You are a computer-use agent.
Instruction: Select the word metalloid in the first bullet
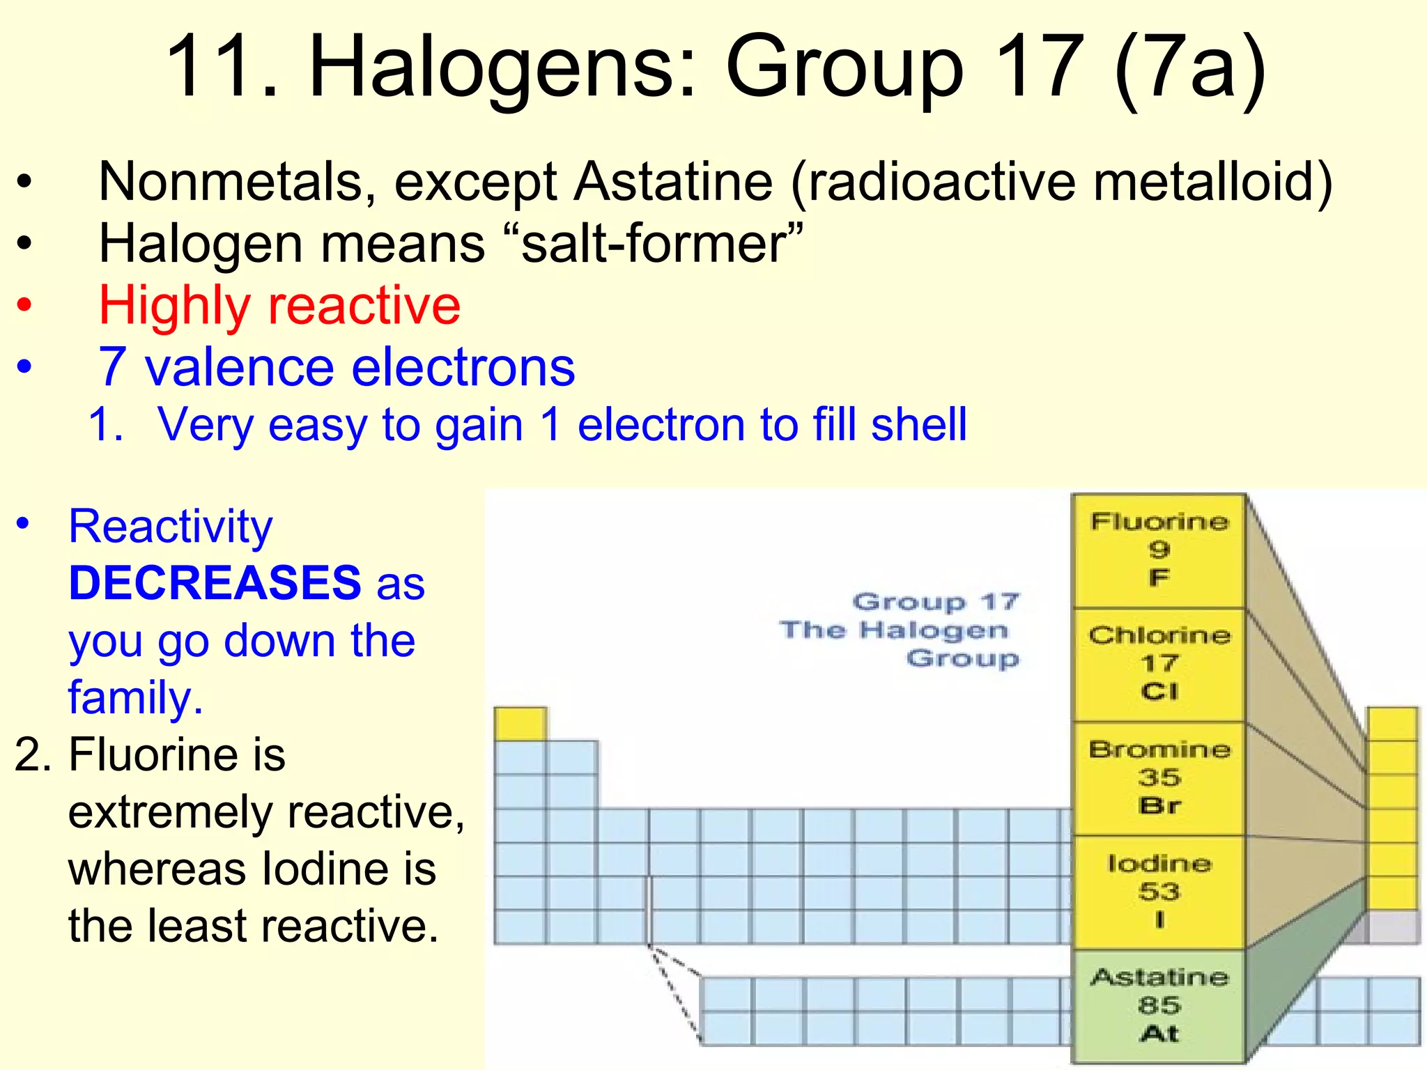click(1212, 182)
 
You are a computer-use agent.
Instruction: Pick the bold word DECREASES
click(215, 582)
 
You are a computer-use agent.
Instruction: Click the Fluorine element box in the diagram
click(1159, 550)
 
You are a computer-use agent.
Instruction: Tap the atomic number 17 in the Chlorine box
click(1159, 664)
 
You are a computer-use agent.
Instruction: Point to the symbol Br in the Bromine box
click(1159, 806)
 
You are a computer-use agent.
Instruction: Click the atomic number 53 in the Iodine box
click(1159, 892)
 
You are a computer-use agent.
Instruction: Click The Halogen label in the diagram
click(894, 630)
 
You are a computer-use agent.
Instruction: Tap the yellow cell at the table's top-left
click(520, 724)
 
